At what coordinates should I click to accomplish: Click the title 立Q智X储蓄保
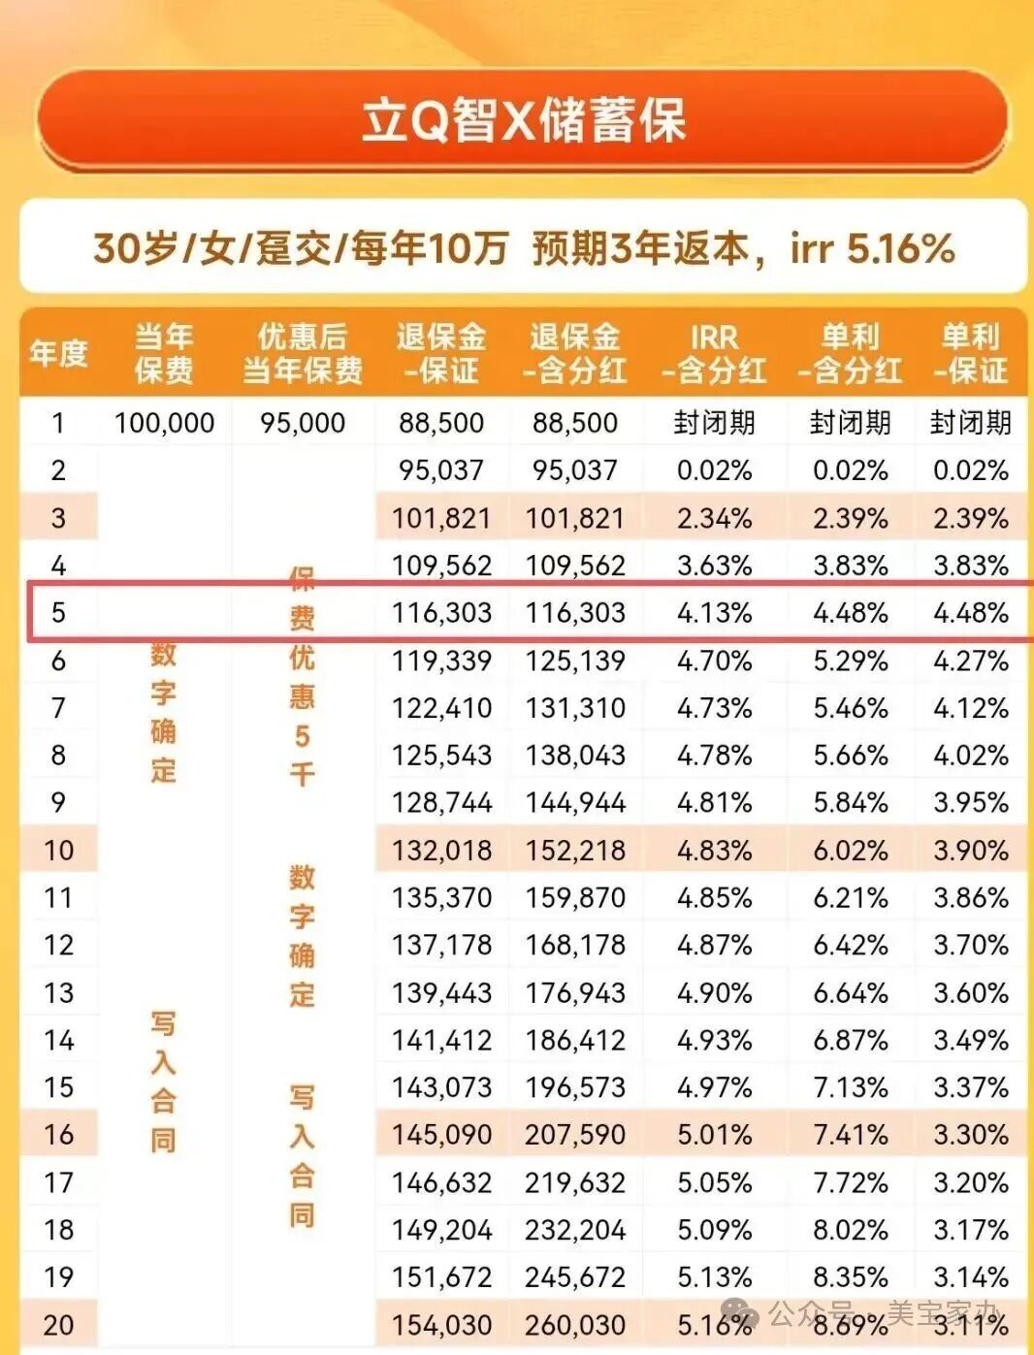[523, 122]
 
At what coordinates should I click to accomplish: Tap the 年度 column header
[58, 353]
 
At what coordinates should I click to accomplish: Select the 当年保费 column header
[164, 353]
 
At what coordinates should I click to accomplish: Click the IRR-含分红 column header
[714, 353]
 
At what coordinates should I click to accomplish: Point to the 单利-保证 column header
[970, 353]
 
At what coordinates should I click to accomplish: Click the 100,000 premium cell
[164, 423]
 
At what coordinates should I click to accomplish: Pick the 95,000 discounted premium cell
[303, 423]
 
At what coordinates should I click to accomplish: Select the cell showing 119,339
[441, 661]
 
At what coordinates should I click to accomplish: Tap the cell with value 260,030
[575, 1325]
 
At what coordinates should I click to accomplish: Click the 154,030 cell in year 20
[441, 1325]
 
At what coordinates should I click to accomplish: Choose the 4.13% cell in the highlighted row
[714, 613]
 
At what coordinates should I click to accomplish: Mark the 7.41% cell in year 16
[850, 1135]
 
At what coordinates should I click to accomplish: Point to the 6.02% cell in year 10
[850, 851]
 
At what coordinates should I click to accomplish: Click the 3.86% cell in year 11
[970, 898]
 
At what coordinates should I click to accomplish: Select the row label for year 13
[58, 993]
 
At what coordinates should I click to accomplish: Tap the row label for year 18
[58, 1230]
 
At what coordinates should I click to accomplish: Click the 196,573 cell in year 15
[575, 1087]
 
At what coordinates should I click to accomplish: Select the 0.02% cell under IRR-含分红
[714, 470]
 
